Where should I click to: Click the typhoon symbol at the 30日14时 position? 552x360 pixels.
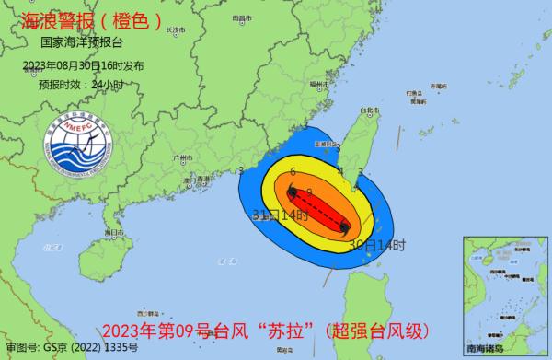(343, 226)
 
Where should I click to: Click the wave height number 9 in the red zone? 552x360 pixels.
(310, 192)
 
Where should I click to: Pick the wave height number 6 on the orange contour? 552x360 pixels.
(292, 172)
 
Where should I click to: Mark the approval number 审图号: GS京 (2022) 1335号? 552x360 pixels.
(72, 350)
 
